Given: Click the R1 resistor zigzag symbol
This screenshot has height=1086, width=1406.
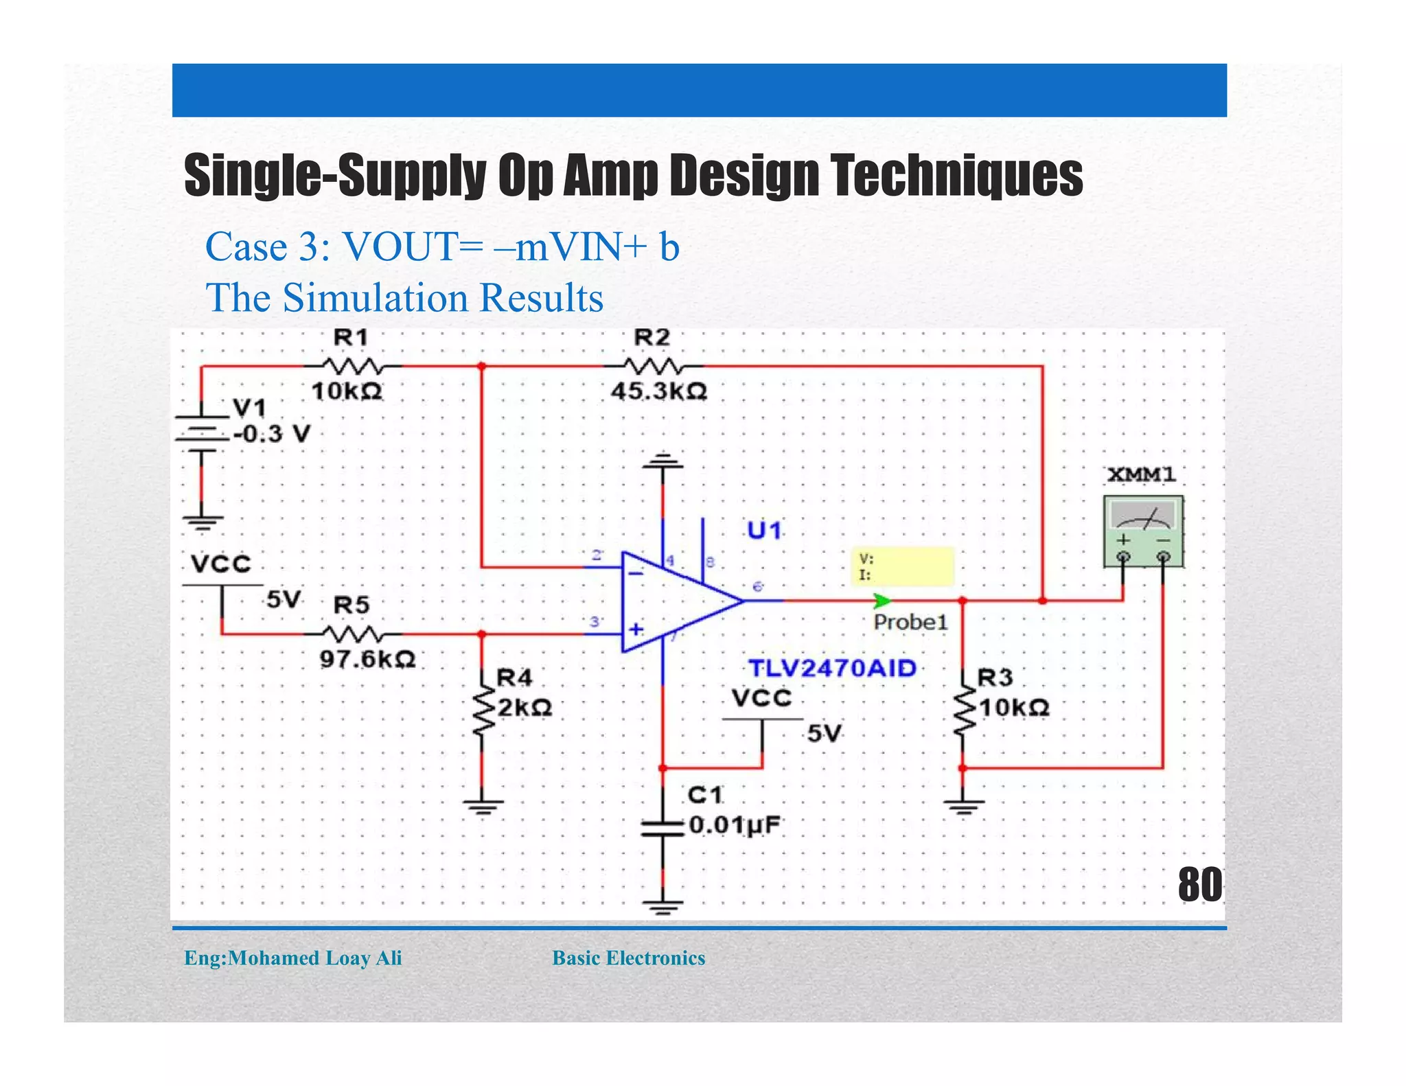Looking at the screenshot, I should click(x=351, y=365).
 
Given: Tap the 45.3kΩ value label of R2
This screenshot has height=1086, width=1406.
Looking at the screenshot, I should click(x=659, y=391).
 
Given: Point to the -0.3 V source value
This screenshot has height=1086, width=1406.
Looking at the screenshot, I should click(x=272, y=434).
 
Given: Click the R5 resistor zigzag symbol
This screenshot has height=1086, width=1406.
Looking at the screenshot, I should click(x=351, y=633).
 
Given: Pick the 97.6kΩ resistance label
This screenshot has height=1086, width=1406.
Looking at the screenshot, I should click(x=367, y=660).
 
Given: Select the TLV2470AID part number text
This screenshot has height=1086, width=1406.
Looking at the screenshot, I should click(x=832, y=668).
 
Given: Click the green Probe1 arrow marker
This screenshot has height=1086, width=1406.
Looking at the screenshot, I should click(x=881, y=601).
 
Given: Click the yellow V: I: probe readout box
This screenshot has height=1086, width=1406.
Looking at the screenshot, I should click(x=902, y=566).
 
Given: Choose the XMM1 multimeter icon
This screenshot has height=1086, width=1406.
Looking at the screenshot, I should click(x=1143, y=531).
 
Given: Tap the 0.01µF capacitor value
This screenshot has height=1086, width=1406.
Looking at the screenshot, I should click(x=735, y=824).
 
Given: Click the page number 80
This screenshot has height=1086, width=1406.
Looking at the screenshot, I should click(x=1199, y=885).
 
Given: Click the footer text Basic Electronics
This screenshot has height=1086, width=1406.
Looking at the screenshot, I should click(x=628, y=958).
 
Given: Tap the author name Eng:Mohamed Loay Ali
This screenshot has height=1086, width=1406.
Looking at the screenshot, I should click(x=293, y=958).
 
